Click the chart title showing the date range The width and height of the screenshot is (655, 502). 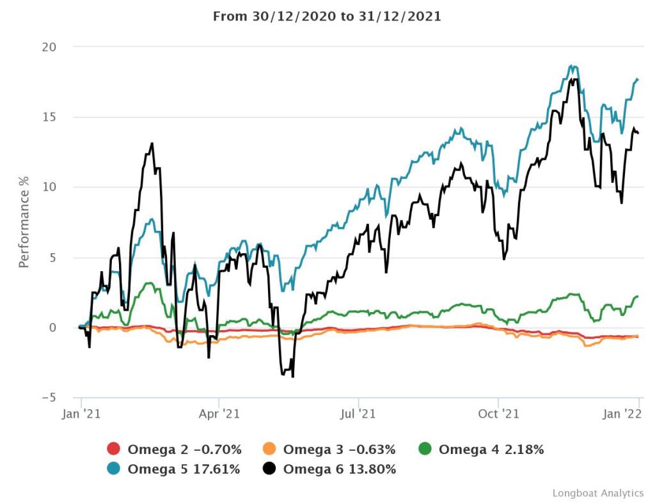[327, 17]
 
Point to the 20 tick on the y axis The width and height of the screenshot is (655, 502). [49, 47]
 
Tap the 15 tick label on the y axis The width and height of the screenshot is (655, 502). [49, 117]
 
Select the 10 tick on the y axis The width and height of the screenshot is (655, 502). [49, 187]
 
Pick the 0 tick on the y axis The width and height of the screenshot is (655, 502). [53, 327]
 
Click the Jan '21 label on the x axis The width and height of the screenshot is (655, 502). [81, 414]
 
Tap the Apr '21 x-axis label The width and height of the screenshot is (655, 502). [219, 414]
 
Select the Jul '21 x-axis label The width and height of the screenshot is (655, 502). [358, 414]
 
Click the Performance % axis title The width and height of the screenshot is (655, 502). [24, 223]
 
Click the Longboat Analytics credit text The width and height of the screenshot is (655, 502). [597, 493]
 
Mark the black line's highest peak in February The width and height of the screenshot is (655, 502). [152, 143]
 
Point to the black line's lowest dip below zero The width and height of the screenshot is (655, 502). [293, 377]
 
